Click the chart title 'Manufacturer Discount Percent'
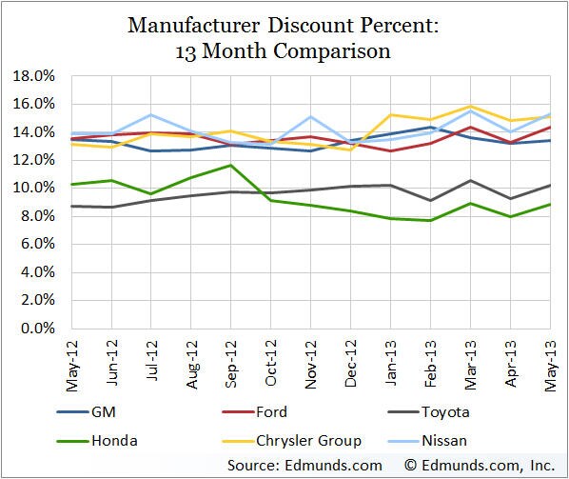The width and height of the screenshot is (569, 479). [284, 18]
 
